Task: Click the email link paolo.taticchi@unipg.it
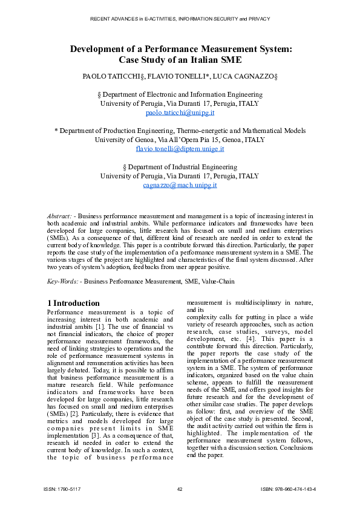(x=180, y=112)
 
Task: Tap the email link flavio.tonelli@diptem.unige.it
(x=180, y=149)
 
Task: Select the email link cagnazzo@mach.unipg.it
(x=180, y=186)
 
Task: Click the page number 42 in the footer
(x=180, y=488)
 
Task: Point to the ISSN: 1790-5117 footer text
(x=62, y=488)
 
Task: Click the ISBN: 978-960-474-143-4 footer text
(x=288, y=488)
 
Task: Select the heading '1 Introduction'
(x=73, y=303)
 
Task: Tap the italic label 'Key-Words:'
(x=62, y=281)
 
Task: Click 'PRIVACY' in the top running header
(x=258, y=19)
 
